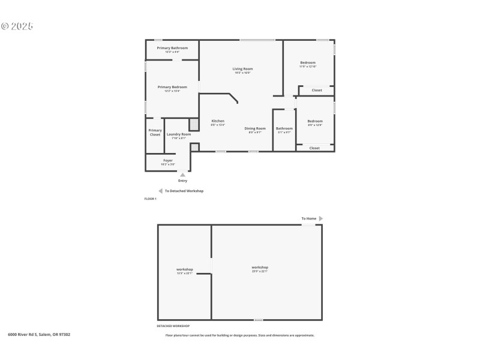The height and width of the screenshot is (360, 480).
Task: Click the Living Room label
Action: tap(242, 69)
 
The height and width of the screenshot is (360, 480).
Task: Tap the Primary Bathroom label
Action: tap(172, 48)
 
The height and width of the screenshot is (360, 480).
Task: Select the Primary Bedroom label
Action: tap(172, 87)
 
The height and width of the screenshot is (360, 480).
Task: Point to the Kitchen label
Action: tap(218, 121)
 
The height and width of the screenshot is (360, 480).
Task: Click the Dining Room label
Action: tap(255, 128)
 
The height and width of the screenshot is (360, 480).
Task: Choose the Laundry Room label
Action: tap(179, 134)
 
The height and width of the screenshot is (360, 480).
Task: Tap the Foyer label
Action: tap(168, 161)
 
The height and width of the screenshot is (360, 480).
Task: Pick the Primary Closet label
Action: tap(155, 132)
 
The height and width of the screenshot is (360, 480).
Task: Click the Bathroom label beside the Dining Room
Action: tap(284, 128)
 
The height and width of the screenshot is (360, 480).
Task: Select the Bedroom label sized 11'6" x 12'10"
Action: tap(307, 62)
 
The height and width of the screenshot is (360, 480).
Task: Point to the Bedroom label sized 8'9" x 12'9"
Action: tap(315, 121)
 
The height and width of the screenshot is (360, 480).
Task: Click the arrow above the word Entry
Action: tap(182, 175)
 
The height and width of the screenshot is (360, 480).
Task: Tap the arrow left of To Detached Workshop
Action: tap(160, 191)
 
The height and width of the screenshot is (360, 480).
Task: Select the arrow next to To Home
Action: tap(321, 218)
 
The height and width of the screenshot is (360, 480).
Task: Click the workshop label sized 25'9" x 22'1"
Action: tap(260, 268)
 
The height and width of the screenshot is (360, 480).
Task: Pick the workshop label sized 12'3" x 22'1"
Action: tap(184, 269)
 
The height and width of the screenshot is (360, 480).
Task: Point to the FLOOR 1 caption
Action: tap(150, 199)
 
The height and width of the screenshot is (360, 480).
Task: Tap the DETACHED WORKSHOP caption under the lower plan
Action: tap(173, 326)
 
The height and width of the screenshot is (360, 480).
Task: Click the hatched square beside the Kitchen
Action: tap(194, 124)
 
